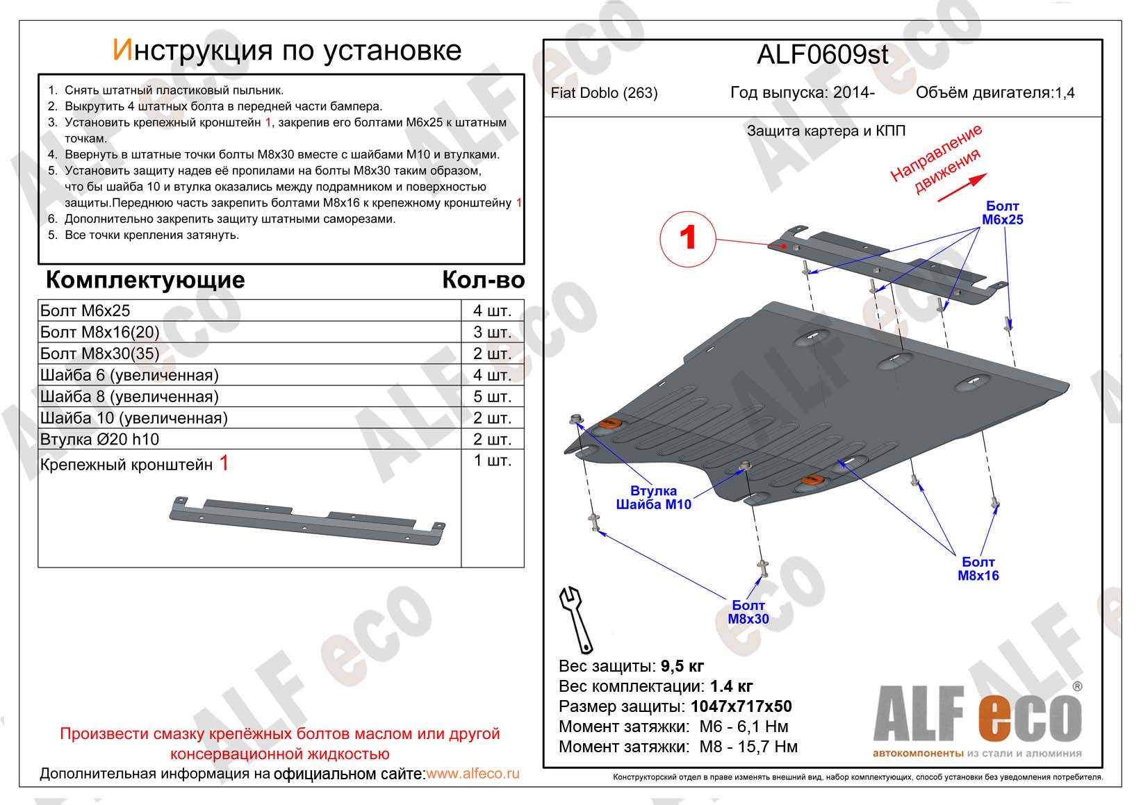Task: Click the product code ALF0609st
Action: (822, 55)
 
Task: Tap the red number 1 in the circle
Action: (687, 238)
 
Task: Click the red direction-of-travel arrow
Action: (962, 188)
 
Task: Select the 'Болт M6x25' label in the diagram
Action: (1002, 213)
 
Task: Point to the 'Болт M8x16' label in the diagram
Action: (978, 568)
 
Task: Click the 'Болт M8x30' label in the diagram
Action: (748, 612)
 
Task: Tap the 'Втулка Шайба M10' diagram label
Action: (653, 497)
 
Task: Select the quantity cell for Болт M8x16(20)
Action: (492, 332)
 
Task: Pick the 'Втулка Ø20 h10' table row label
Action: (99, 439)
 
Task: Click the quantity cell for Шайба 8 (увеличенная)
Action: (492, 397)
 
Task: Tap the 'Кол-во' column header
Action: (483, 280)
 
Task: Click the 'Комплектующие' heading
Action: (145, 280)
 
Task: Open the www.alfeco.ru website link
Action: (473, 773)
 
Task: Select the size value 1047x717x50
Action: (741, 706)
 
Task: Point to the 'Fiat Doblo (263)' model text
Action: (604, 93)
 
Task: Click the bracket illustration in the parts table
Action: (307, 521)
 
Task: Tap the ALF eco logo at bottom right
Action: (977, 719)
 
